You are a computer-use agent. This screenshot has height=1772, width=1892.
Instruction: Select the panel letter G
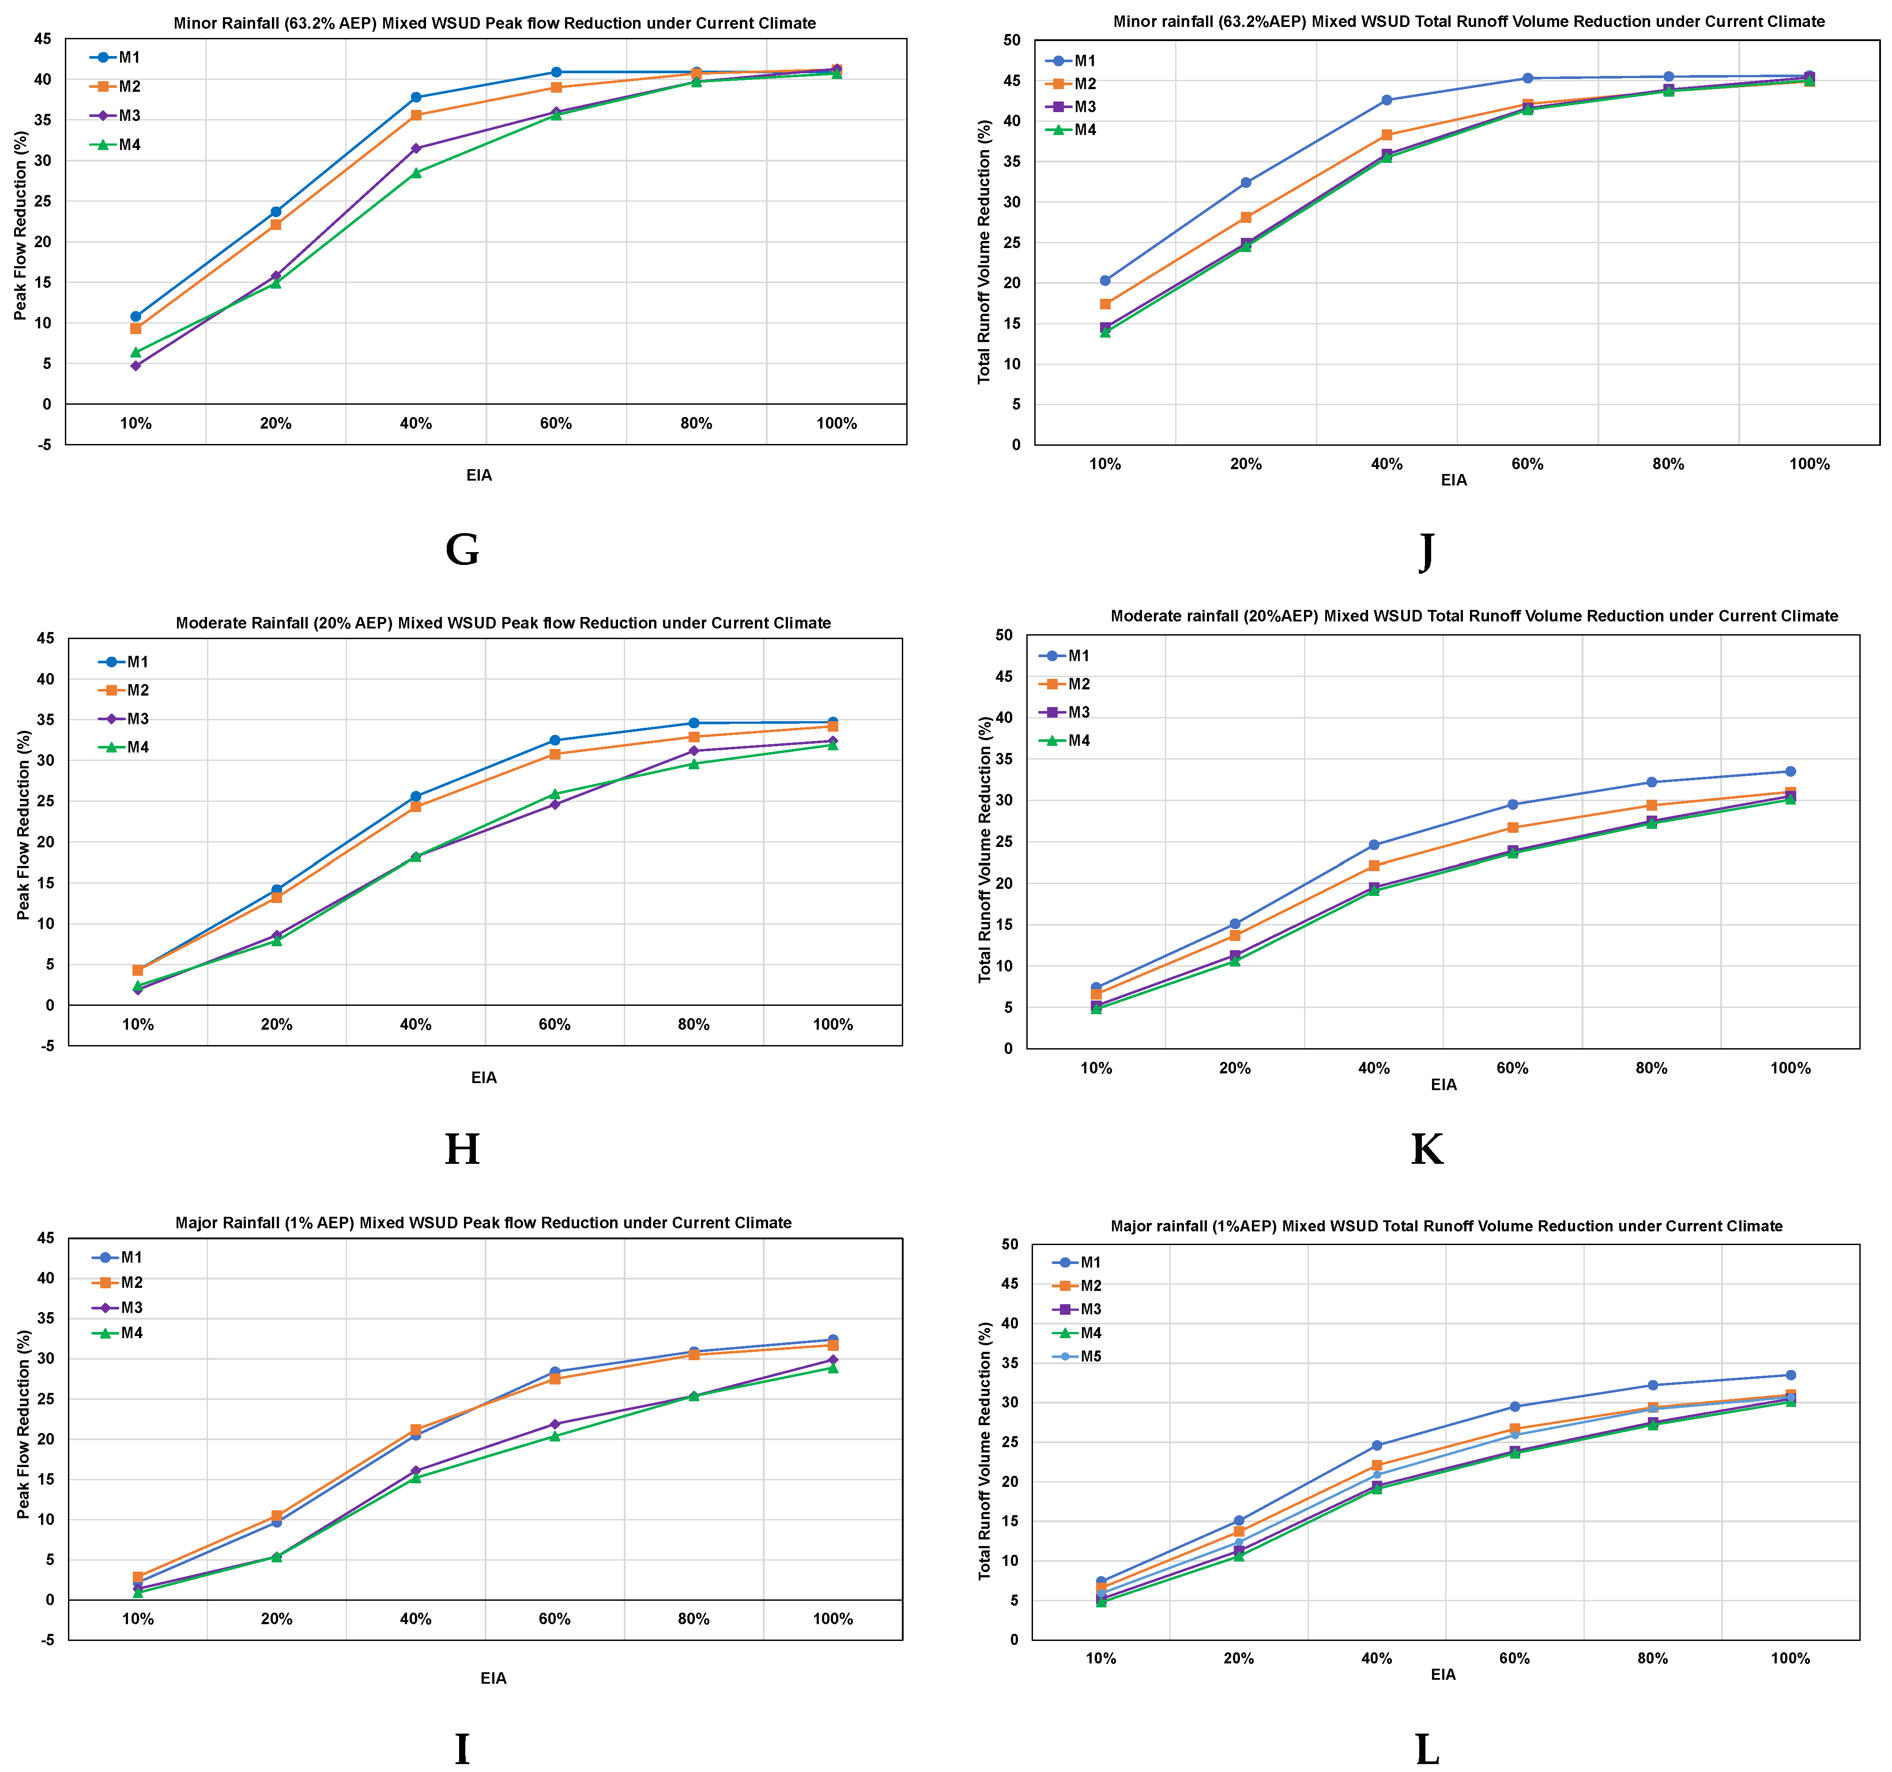click(x=463, y=550)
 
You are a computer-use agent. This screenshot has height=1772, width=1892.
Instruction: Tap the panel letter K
click(x=1427, y=1150)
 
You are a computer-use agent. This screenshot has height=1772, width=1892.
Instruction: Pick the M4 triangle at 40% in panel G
click(x=416, y=172)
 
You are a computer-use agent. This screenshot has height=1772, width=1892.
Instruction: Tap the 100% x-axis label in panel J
click(x=1809, y=464)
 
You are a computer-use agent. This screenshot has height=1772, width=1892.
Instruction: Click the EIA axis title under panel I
click(x=493, y=1678)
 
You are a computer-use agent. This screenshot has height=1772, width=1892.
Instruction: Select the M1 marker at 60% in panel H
click(x=555, y=741)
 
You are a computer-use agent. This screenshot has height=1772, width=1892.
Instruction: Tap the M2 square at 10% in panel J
click(x=1105, y=305)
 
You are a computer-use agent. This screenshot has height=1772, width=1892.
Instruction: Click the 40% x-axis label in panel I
click(x=416, y=1619)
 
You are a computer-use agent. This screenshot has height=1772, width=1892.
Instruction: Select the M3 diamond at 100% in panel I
click(x=833, y=1360)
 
